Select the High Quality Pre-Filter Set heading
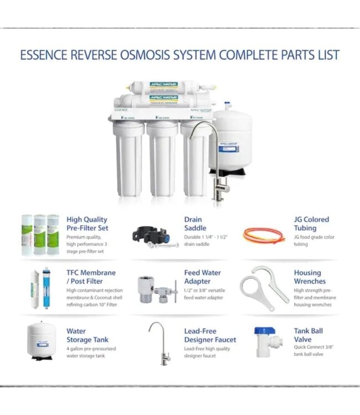tap(87, 224)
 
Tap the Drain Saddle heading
tap(195, 224)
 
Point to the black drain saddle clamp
tap(150, 236)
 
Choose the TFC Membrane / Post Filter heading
tap(91, 277)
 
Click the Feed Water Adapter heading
tap(202, 277)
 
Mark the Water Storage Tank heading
tap(88, 335)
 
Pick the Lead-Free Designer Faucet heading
tap(210, 335)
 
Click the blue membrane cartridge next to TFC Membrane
tap(46, 288)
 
